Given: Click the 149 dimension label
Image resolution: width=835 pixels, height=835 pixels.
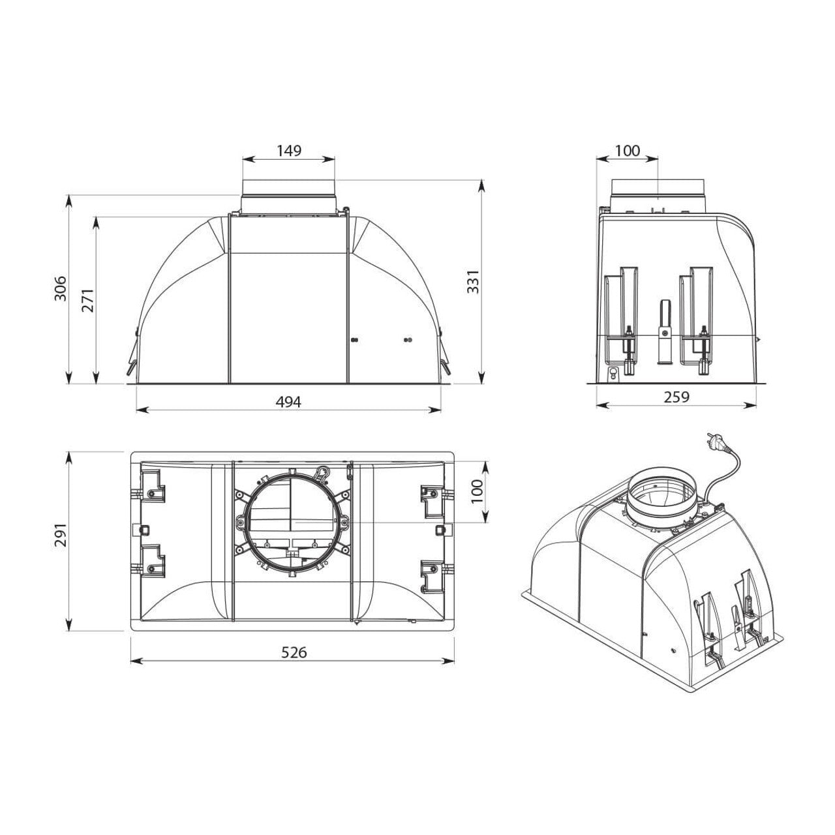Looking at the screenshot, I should tap(288, 151).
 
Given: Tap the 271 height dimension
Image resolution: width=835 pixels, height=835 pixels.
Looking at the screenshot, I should tap(88, 299).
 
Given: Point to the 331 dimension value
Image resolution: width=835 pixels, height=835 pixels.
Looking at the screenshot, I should tap(474, 281).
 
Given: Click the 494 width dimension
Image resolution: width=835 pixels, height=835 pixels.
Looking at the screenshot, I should tap(288, 402).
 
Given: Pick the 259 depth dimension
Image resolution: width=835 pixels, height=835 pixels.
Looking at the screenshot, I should tap(676, 397).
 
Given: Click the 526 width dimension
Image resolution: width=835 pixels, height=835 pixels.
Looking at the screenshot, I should tap(293, 652).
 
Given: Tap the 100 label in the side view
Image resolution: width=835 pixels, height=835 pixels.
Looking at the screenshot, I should tap(628, 151).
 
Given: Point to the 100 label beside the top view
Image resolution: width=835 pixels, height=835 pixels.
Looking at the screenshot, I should tap(476, 491).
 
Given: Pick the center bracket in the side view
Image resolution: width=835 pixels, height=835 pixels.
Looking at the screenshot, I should tap(664, 333).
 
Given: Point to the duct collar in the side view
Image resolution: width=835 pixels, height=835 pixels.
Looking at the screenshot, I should tap(658, 194).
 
